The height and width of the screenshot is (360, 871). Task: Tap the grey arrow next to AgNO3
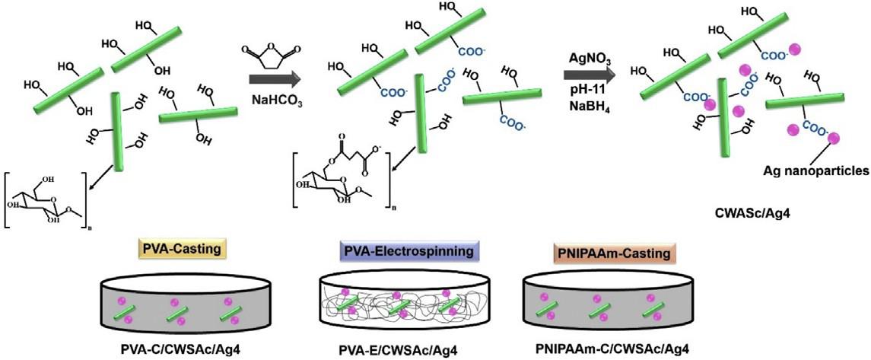(x=590, y=74)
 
